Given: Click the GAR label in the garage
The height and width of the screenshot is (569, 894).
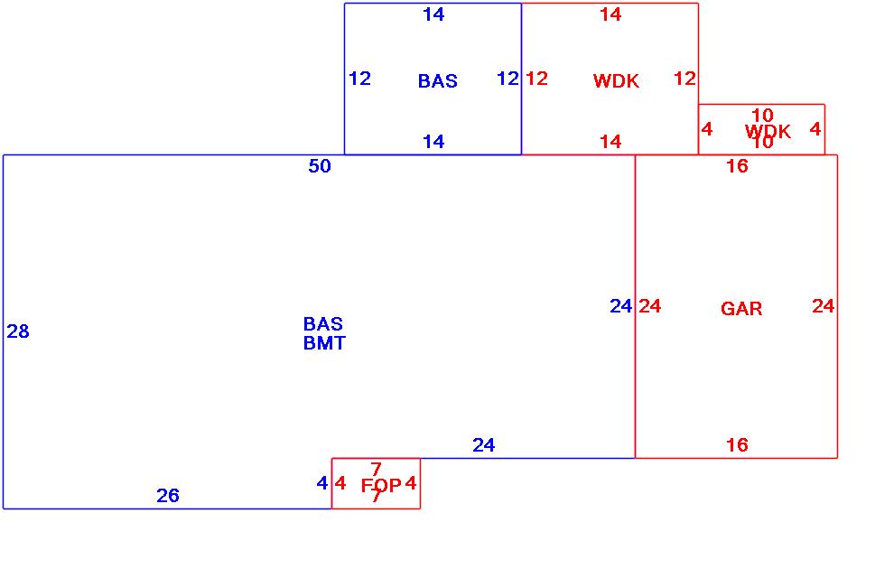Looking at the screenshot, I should coord(741,309).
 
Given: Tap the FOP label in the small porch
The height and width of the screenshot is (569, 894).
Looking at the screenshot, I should coord(381,486).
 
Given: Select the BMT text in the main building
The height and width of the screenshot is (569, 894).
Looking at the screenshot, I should coord(324,343).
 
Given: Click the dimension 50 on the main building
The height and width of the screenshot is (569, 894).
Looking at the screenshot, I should coord(320,166).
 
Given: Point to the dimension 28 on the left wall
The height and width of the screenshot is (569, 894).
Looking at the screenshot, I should coord(18,332).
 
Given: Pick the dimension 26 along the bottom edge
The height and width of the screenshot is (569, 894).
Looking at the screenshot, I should coord(168,495).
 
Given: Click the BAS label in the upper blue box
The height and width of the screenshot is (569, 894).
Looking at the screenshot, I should coord(437,81).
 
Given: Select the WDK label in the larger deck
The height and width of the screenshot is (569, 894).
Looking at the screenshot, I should coord(616,81).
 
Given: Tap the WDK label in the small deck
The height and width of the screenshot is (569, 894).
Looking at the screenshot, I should coord(768,132).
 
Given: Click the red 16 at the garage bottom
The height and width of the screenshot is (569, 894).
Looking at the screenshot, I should coord(737,444).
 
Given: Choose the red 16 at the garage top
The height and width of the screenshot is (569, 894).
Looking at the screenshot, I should coord(737,166).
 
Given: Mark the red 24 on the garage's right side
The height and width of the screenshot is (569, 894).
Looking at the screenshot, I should coord(823,306).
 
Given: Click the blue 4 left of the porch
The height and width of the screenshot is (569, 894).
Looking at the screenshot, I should coord(321,483).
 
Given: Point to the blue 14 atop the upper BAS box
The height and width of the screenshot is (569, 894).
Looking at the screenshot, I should coord(433,14).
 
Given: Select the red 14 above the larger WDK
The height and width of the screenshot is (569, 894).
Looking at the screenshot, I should coord(610,14).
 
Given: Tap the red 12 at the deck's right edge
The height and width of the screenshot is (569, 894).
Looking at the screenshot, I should coord(684,79).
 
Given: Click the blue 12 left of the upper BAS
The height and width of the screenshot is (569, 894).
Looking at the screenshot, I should coord(359,79).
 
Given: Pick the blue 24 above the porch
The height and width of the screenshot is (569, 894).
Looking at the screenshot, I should coord(483,445).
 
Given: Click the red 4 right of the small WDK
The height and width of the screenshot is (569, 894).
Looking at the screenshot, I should coord(815,129).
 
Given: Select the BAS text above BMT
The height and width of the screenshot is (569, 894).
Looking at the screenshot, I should coord(322,323).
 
